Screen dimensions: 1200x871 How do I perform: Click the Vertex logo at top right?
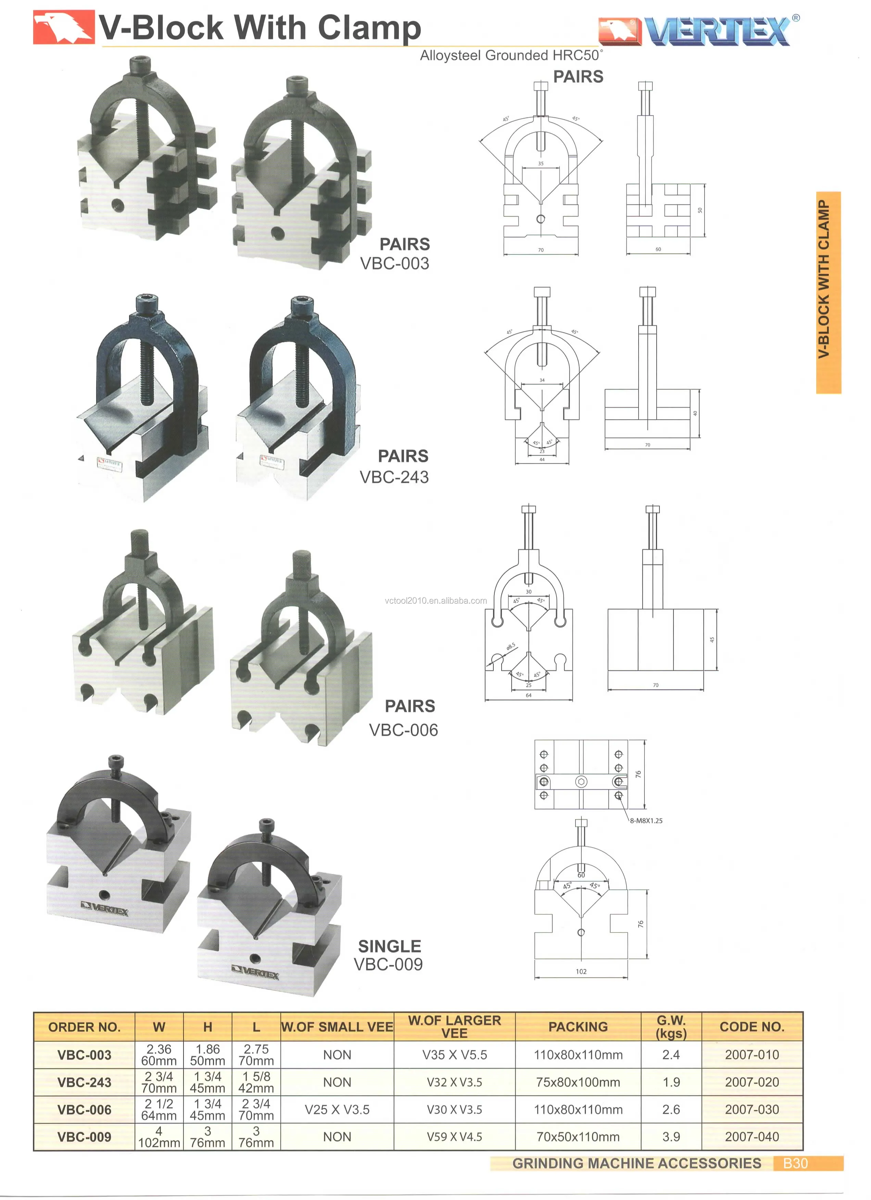click(698, 31)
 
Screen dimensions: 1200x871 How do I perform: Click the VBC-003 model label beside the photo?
click(394, 263)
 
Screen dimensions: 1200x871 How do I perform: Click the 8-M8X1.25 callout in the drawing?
click(646, 821)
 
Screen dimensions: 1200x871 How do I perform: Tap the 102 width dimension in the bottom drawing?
click(581, 972)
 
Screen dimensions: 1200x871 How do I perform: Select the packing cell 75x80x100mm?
click(578, 1082)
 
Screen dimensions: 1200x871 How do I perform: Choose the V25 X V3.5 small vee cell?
click(337, 1110)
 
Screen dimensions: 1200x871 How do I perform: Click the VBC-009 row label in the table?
click(84, 1137)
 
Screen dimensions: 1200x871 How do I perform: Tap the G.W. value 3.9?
click(671, 1137)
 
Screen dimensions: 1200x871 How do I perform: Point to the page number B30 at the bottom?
click(795, 1163)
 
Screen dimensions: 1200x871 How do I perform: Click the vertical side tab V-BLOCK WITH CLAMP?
click(827, 292)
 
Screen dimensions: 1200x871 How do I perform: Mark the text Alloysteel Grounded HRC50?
click(510, 55)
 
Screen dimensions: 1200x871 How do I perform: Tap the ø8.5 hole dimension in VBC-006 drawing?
click(510, 647)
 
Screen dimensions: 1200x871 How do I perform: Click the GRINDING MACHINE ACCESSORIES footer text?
click(636, 1163)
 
